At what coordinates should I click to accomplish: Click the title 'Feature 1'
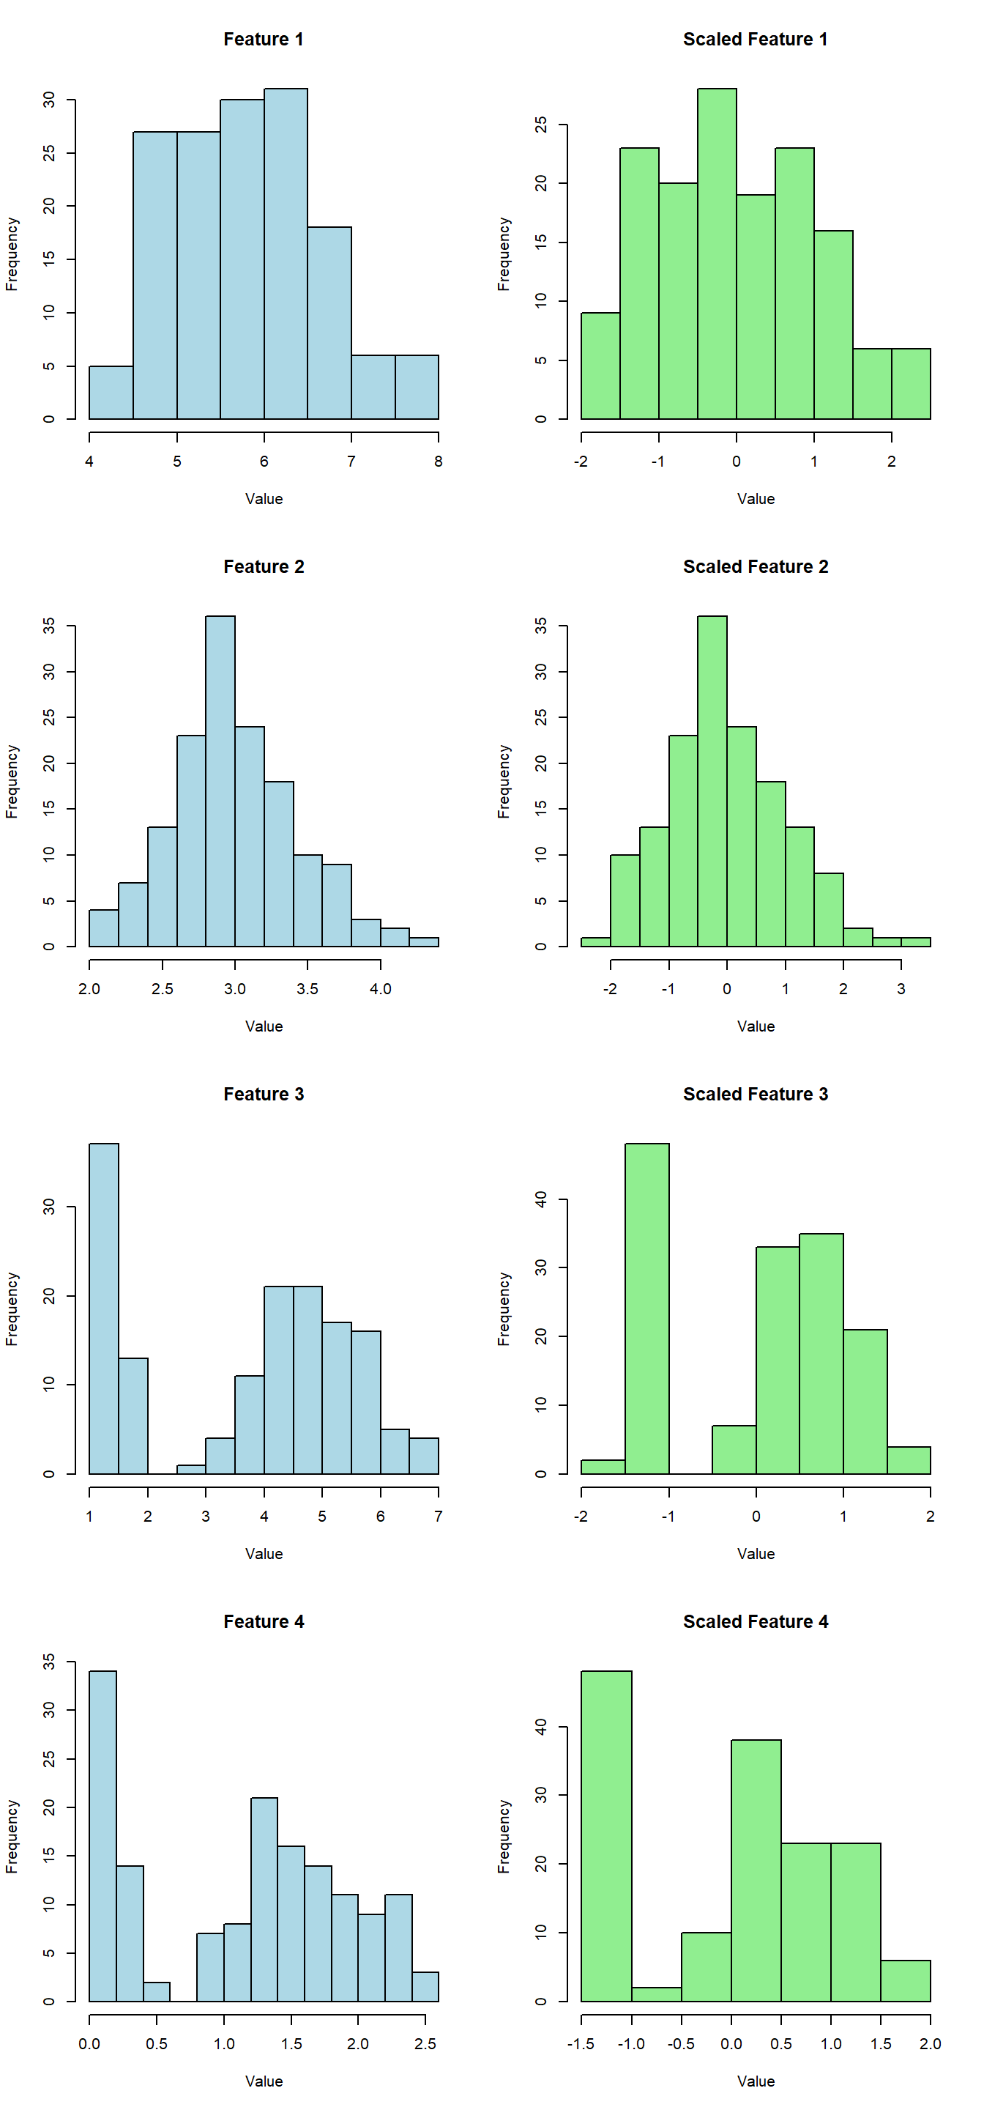click(x=263, y=40)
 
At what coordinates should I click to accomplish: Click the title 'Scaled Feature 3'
click(x=755, y=1095)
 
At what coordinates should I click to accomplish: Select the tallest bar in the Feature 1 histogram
click(x=286, y=254)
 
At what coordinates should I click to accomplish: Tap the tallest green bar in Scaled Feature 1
click(x=716, y=254)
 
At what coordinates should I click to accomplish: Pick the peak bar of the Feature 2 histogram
click(x=220, y=782)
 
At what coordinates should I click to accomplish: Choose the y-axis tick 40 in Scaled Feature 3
click(x=540, y=1200)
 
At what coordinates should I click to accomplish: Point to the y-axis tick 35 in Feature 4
click(x=49, y=1662)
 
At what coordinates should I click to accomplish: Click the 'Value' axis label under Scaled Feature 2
click(x=755, y=1026)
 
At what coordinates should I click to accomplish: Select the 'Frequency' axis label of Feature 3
click(x=12, y=1308)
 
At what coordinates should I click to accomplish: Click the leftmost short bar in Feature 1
click(x=111, y=393)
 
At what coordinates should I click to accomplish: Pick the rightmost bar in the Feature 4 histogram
click(x=425, y=1986)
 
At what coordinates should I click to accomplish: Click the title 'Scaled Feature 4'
click(x=755, y=1622)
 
